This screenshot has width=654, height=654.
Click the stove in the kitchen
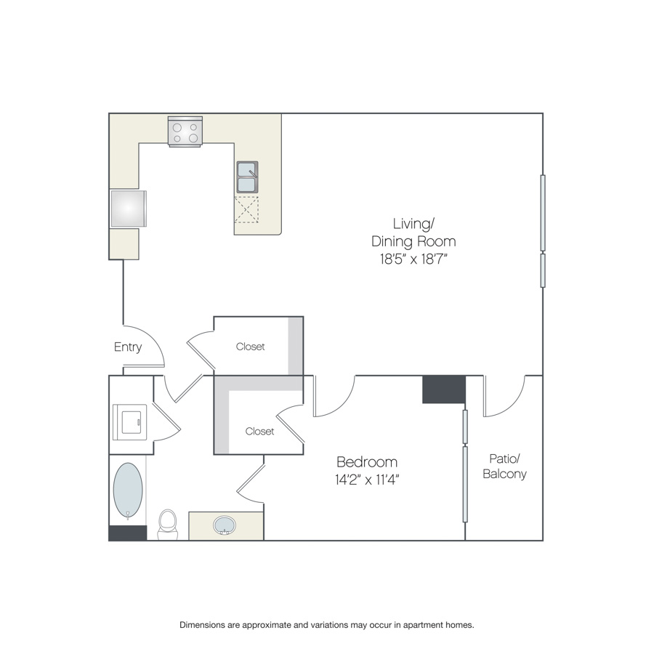(x=185, y=132)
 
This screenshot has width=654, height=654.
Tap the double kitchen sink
(x=247, y=177)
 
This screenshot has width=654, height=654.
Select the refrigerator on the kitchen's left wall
(x=129, y=209)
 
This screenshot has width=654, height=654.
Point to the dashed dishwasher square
(x=246, y=209)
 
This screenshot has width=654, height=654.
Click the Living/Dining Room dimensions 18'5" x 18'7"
(x=413, y=259)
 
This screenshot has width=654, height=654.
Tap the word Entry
(x=128, y=347)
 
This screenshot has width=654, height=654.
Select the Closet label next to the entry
(x=250, y=347)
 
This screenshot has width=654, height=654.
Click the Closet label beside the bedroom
(x=259, y=431)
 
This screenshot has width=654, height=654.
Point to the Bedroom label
(x=367, y=461)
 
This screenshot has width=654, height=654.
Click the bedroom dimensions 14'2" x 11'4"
(x=367, y=480)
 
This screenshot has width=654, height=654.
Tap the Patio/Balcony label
(x=504, y=467)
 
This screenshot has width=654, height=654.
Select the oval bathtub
(x=128, y=490)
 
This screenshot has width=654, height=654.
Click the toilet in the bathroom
(x=168, y=524)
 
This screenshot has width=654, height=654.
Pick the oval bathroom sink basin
(x=225, y=525)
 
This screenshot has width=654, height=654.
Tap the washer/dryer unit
(x=130, y=421)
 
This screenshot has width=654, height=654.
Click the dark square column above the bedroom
(x=444, y=389)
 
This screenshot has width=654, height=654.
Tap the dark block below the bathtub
(x=128, y=533)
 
